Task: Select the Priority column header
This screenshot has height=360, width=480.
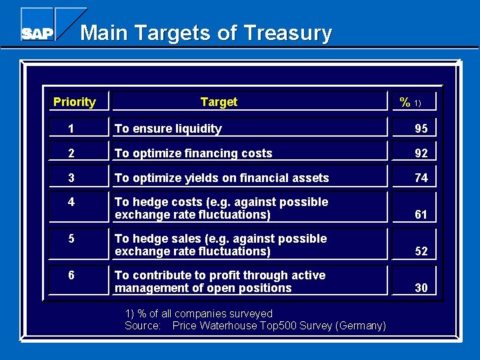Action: click(x=74, y=102)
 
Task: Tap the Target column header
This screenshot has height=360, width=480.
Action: click(x=219, y=102)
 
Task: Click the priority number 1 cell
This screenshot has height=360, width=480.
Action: click(x=70, y=129)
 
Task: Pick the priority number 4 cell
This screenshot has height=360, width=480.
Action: click(x=70, y=202)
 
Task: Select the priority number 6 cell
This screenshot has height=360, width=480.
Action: click(x=70, y=275)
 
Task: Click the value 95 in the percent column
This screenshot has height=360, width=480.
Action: click(x=421, y=129)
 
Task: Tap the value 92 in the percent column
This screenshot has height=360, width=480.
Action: click(x=421, y=153)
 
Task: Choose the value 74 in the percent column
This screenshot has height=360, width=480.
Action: click(x=421, y=178)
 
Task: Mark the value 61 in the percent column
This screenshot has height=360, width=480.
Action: click(x=421, y=215)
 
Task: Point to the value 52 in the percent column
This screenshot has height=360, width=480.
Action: click(x=421, y=251)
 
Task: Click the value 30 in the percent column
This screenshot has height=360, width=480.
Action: click(x=421, y=288)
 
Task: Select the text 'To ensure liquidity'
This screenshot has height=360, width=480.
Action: click(x=168, y=129)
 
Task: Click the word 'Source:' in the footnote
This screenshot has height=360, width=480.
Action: click(x=143, y=325)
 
